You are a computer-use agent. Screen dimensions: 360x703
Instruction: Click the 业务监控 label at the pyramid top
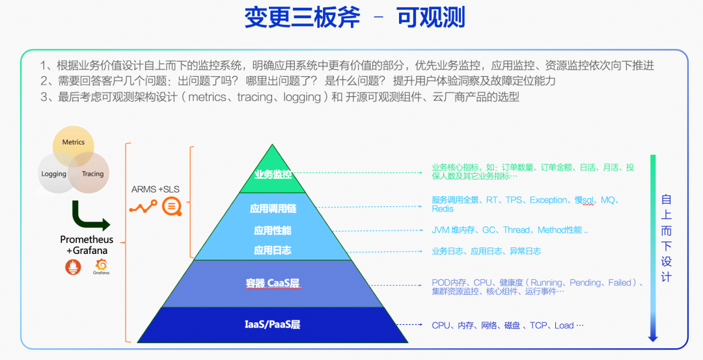(x=273, y=174)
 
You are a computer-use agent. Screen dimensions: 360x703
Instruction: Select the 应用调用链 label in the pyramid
(x=273, y=209)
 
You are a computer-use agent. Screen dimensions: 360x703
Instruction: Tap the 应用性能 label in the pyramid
(x=273, y=230)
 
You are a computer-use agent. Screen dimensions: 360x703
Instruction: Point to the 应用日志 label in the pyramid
(x=273, y=250)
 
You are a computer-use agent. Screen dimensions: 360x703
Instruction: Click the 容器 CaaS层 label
(x=273, y=283)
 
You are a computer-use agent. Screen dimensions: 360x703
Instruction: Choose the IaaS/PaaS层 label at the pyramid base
(x=273, y=324)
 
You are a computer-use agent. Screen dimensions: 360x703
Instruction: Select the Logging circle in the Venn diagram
(x=53, y=174)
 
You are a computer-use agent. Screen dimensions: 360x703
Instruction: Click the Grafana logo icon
(x=101, y=265)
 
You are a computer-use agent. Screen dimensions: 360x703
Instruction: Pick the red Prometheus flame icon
(x=72, y=266)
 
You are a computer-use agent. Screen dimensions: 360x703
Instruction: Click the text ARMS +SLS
(x=156, y=189)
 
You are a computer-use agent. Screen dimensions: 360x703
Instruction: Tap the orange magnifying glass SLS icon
(x=172, y=206)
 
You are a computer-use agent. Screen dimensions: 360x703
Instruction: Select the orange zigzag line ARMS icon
(x=143, y=207)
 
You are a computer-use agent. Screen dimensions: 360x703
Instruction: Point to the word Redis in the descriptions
(x=443, y=209)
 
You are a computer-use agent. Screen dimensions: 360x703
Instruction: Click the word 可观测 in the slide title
(x=430, y=18)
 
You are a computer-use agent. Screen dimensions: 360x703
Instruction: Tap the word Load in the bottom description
(x=564, y=325)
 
